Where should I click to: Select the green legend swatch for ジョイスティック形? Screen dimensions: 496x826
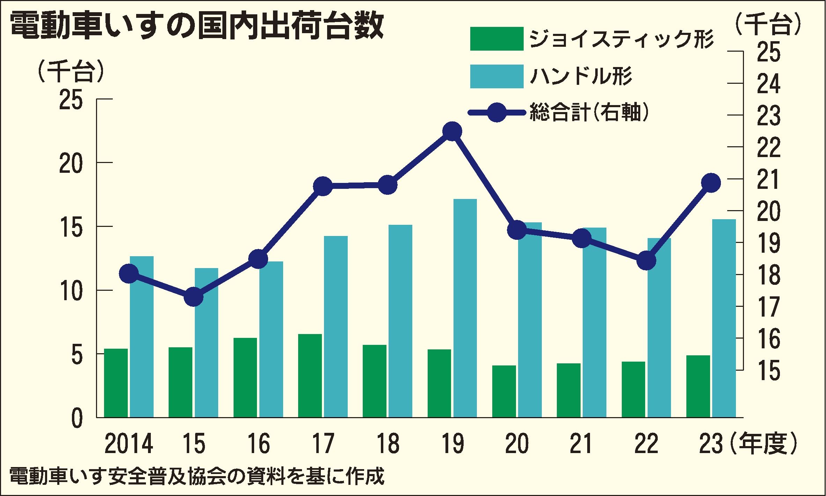496,39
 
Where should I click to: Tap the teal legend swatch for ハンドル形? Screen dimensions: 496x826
496,76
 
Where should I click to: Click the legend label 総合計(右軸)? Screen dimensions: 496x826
589,112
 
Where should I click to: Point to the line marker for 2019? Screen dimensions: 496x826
452,132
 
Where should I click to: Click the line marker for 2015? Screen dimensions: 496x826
193,297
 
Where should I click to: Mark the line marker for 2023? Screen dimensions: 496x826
711,183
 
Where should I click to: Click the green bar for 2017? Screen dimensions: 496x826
310,376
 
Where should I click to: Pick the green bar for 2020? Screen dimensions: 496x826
504,391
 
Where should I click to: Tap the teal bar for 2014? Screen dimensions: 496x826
142,336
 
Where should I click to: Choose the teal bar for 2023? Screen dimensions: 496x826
724,318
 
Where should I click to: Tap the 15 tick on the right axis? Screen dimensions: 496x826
768,370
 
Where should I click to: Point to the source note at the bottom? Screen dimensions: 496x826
197,477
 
